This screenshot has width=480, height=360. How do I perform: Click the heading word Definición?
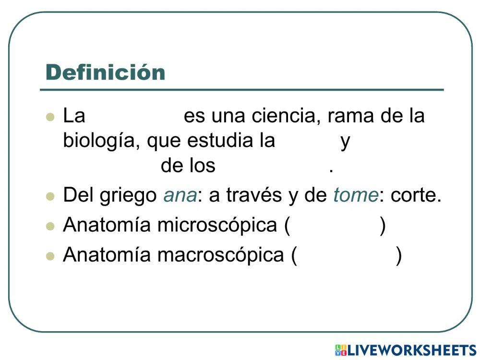pyautogui.click(x=105, y=72)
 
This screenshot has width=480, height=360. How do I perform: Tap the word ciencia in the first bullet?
pyautogui.click(x=284, y=116)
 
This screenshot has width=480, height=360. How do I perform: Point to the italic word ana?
pyautogui.click(x=180, y=196)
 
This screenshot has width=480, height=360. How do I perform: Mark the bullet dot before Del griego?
pyautogui.click(x=50, y=197)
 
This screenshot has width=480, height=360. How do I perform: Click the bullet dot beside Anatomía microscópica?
pyautogui.click(x=50, y=227)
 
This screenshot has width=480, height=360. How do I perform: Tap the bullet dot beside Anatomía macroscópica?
pyautogui.click(x=50, y=256)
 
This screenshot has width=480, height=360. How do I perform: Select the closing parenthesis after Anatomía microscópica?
pyautogui.click(x=383, y=226)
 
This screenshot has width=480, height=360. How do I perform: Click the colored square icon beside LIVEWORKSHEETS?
pyautogui.click(x=341, y=350)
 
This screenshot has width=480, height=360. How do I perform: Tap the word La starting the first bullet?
pyautogui.click(x=74, y=116)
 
